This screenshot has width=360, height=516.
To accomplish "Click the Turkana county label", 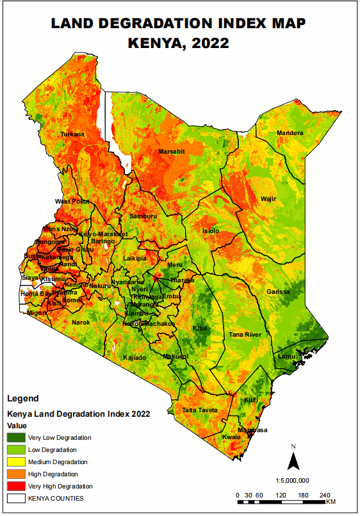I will pos(72,134).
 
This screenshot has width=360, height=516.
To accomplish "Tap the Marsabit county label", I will pos(171,152).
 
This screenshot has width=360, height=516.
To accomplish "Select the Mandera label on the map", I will pos(290,133).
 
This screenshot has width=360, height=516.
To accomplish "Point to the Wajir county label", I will pos(268,199).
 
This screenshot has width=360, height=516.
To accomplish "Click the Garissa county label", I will pos(278,292).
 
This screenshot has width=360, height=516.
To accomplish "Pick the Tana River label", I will pos(245,335).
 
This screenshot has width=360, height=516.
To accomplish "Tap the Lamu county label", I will pos(286,357).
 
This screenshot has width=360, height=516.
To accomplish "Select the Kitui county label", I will pos(200,328).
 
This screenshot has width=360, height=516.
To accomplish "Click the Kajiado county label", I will pos(135,357).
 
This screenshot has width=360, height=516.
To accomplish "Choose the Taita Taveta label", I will pos(200,410).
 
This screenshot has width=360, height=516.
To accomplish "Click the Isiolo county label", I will pos(210,230).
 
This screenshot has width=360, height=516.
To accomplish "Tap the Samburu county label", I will pos(143,216).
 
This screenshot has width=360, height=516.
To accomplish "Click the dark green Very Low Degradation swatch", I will pos(16,438).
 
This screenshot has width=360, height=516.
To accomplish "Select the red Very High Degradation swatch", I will pos(16,487).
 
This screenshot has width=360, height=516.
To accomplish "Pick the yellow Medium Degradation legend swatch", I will pos(16,462).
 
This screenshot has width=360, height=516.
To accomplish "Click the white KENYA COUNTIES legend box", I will pos(16,498).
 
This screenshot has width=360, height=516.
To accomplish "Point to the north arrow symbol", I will pos(293,459).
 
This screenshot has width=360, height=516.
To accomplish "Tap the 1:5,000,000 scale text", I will pos(292,480).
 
